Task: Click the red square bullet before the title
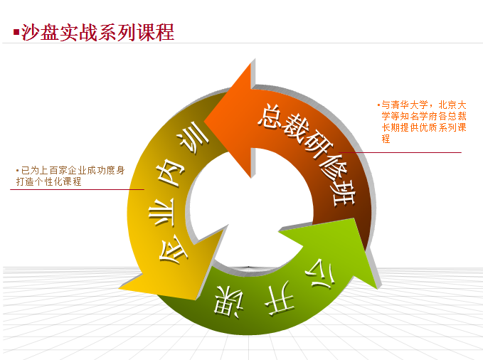point(16,32)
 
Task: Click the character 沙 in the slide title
point(31,32)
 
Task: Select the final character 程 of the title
point(165,32)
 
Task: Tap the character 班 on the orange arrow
point(344,195)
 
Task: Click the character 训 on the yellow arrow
point(193,137)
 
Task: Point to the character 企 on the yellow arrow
point(172,250)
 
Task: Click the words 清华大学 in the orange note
point(410,105)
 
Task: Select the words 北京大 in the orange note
point(452,105)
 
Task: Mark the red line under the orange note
point(400,152)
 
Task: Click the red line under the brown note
point(77,189)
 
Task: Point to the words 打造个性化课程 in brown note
point(48,181)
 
